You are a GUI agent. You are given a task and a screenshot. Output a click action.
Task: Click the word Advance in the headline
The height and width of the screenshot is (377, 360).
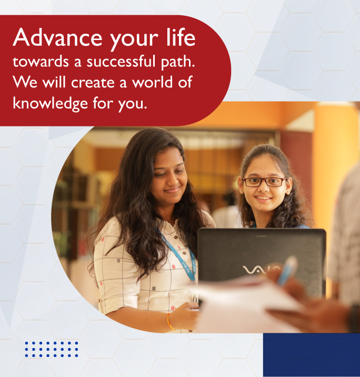57,37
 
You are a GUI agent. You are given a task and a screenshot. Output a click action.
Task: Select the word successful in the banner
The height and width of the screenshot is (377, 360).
121,61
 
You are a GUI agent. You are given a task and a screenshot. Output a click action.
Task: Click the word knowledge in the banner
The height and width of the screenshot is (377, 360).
50,103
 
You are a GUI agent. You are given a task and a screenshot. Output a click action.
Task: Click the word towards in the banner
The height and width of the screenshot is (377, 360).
41,62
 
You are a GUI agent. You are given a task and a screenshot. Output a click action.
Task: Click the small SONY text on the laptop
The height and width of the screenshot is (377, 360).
262,236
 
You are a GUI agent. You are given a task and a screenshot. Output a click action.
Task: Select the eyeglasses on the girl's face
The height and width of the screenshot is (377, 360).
264,182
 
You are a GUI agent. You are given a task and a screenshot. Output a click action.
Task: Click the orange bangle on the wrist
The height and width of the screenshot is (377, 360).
170,322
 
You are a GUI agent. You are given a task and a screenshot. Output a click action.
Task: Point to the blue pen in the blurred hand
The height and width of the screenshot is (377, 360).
288,270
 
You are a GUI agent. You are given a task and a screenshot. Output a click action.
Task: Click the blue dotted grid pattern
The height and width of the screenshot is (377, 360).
52,349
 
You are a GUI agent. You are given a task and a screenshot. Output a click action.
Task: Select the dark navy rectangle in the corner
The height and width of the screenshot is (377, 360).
312,355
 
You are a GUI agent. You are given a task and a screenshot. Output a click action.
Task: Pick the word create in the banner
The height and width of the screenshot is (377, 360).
93,82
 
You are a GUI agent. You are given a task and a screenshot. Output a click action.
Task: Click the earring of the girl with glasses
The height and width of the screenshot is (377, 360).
241,192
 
